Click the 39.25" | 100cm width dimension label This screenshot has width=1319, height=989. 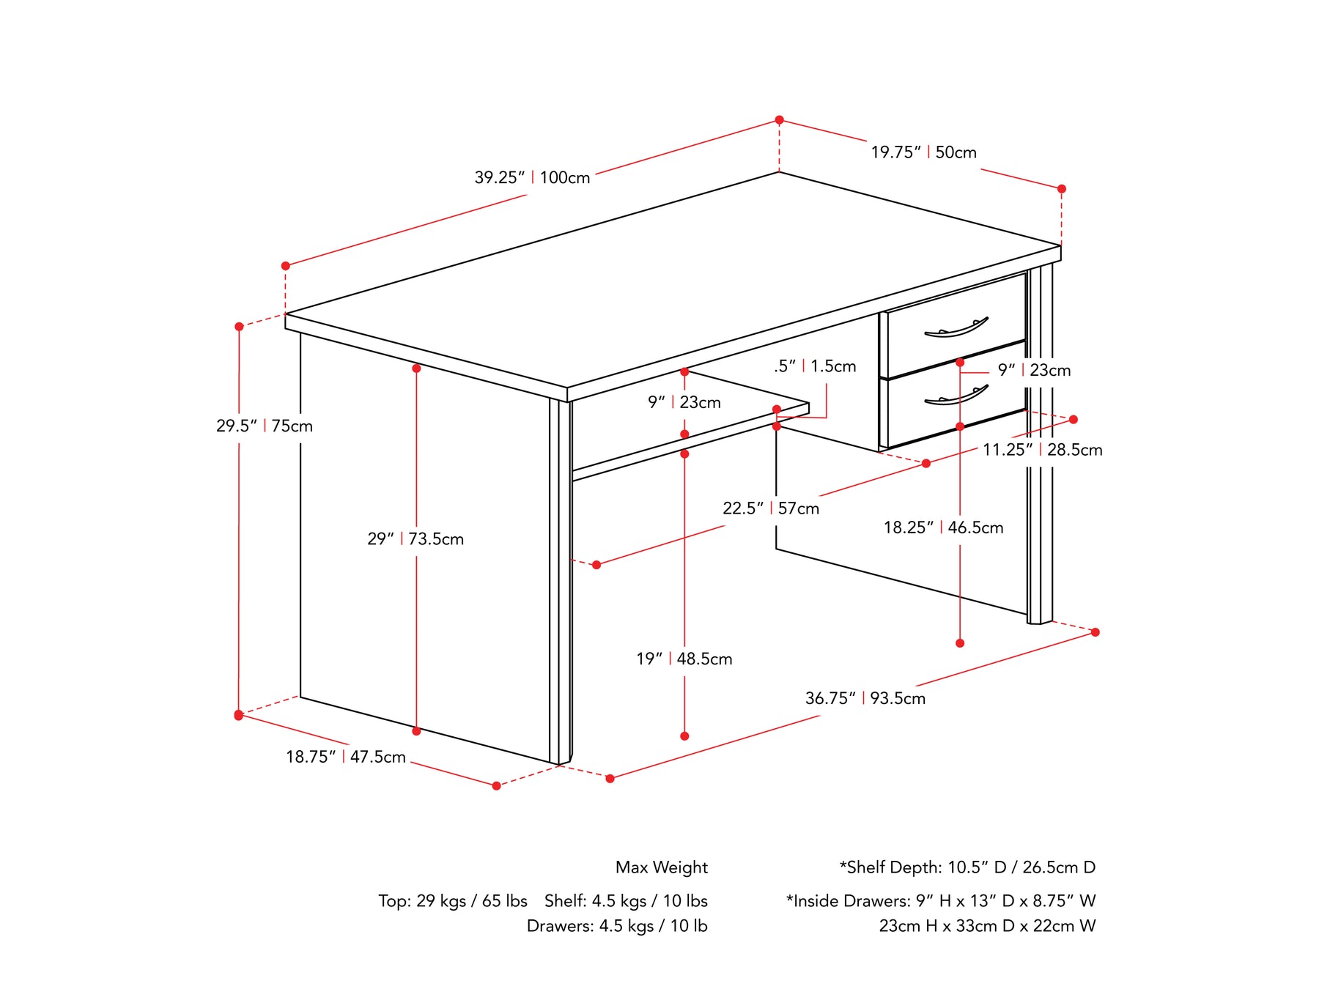[x=532, y=177]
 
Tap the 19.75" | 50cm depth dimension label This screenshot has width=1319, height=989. [x=923, y=152]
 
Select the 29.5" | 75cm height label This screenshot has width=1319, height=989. [x=265, y=426]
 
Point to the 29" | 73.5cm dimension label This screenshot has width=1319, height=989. [x=415, y=539]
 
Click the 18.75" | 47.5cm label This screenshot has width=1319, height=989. [x=346, y=757]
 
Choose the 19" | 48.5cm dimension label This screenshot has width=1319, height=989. [x=684, y=659]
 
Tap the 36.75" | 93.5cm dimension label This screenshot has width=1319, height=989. [x=865, y=698]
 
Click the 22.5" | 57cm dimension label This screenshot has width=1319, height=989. [x=771, y=508]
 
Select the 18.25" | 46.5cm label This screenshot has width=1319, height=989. [x=944, y=527]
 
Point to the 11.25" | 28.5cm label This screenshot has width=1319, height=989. [x=1042, y=450]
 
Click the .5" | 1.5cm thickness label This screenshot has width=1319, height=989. [x=815, y=366]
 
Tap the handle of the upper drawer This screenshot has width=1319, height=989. [x=956, y=327]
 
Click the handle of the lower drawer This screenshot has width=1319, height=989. [x=956, y=396]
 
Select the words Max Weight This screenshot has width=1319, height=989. [x=662, y=867]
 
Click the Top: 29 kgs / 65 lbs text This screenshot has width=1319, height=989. [x=453, y=901]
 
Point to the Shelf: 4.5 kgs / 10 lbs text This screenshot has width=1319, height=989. [x=626, y=901]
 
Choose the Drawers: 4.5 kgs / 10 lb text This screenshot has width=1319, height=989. [x=617, y=926]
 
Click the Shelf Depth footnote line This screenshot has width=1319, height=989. [x=967, y=867]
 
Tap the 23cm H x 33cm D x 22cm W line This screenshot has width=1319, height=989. [x=988, y=926]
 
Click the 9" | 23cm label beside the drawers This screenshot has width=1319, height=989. [x=1034, y=371]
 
